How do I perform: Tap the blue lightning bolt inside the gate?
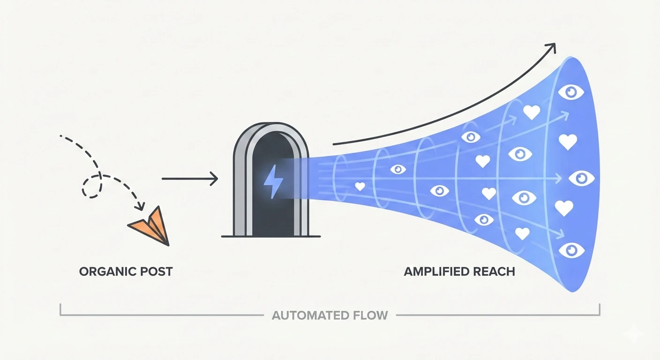tap(271, 182)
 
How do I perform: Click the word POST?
tap(156, 271)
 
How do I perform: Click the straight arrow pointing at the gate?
tap(189, 179)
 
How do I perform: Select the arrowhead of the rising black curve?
tap(551, 47)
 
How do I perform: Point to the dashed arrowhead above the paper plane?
tap(139, 207)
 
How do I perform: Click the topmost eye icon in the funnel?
tap(571, 92)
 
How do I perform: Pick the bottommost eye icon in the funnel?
tap(571, 249)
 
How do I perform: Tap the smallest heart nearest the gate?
tap(360, 187)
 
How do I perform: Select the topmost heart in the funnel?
tap(531, 112)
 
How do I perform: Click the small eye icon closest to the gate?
tap(398, 169)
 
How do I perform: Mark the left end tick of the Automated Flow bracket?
tap(61, 310)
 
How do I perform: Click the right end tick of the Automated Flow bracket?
tap(600, 310)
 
